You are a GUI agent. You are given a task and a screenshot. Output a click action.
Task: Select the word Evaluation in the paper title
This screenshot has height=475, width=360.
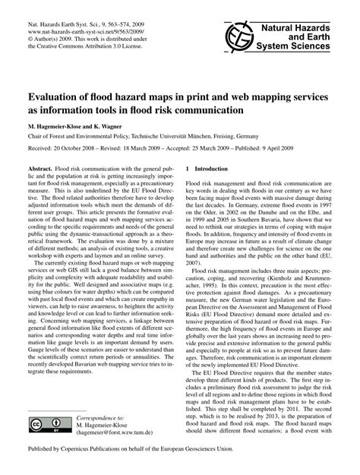coord(57,98)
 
